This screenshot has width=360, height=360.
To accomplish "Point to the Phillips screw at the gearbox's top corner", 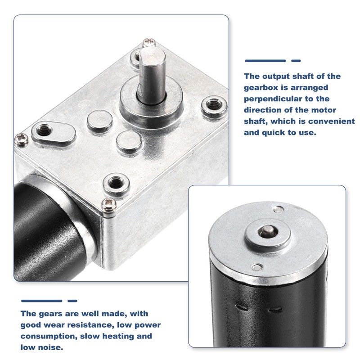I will point(148,43).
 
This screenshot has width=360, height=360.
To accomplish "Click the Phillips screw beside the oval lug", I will point(22,139).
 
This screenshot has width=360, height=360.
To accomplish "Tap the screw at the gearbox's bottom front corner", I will point(108,204).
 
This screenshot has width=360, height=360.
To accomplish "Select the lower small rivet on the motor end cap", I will point(256,267).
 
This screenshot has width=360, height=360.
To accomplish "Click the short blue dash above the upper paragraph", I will point(296,61).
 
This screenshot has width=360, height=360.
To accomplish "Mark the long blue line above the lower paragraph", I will point(41,301).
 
